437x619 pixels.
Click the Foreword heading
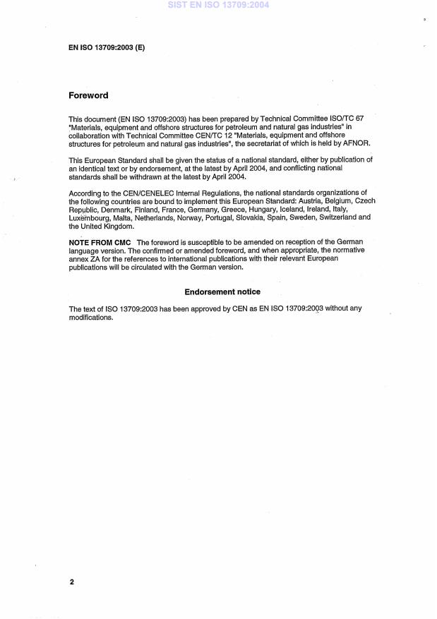[x=88, y=95]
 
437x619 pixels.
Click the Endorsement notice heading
[x=222, y=292]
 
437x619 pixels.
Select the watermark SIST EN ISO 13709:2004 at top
[x=218, y=5]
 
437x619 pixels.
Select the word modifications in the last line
[x=91, y=318]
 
